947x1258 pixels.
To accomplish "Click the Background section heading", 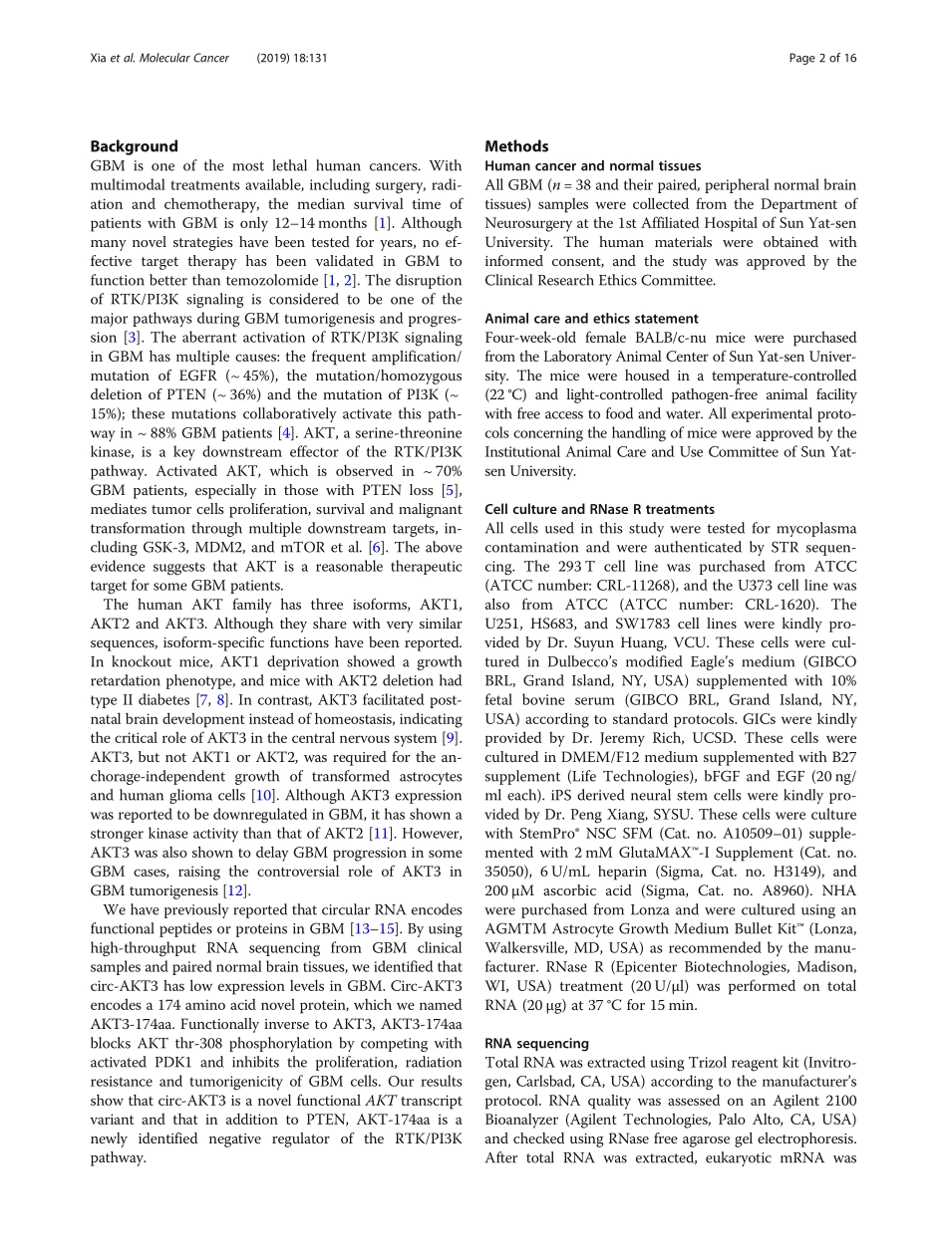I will point(134,146).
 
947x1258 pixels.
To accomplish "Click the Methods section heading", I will point(516,146).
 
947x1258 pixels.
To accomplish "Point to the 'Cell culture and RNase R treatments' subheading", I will point(599,509).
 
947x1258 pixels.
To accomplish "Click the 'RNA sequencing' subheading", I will point(536,1044).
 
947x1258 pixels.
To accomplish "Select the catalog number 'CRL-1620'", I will point(776,605).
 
